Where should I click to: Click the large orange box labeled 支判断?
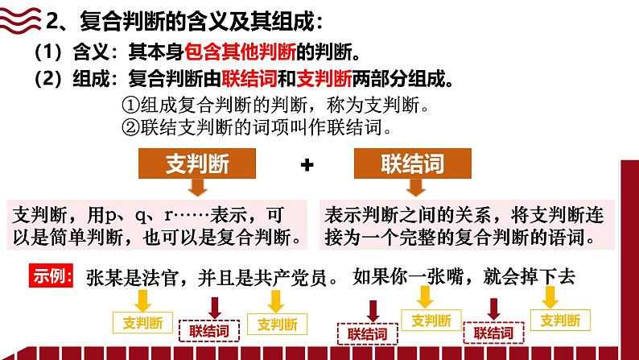(x=196, y=163)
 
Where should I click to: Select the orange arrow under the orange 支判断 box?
(x=197, y=188)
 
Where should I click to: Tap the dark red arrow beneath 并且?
(x=215, y=306)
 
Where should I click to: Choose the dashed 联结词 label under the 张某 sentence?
(x=215, y=330)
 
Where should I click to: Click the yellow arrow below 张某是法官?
(x=143, y=301)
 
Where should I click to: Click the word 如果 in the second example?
(x=372, y=277)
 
